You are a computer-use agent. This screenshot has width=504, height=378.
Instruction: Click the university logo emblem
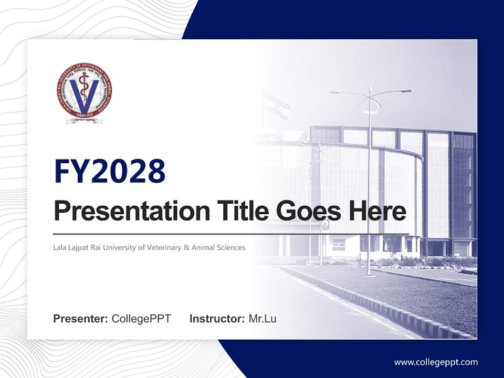coord(84,92)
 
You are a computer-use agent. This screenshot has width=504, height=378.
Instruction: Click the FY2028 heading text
coord(110,171)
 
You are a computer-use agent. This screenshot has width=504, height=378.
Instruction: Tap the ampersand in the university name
coord(186,247)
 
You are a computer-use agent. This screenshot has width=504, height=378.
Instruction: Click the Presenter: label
coord(81,319)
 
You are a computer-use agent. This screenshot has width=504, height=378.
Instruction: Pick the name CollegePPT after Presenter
coord(141,319)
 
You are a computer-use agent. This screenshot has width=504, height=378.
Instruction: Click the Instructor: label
coord(217,319)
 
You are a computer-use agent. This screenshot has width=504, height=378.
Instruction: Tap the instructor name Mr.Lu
coord(262,319)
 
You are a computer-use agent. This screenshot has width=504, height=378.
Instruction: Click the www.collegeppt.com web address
coord(436,362)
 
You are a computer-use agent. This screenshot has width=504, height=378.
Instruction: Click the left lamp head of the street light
coord(336,92)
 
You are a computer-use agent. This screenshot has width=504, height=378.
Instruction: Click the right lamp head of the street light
coord(406,91)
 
